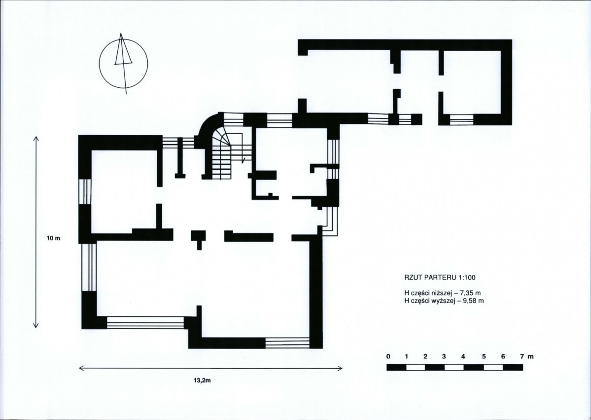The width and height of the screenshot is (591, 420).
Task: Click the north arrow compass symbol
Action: pos(123,63)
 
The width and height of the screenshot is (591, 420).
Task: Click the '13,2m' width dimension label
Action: pos(202,381)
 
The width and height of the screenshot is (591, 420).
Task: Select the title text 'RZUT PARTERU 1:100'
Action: pos(440,278)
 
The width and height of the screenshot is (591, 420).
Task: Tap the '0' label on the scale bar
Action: pos(388,357)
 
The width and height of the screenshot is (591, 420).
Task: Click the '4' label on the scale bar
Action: pos(463,357)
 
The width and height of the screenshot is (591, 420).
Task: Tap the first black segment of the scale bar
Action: pos(396,368)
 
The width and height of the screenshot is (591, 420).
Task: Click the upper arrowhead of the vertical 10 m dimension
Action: pos(36,138)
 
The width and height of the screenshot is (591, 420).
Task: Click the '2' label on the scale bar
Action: pos(425,357)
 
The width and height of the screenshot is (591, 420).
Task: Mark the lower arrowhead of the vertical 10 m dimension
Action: pos(36,326)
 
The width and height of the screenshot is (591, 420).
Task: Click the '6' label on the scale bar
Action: pos(503,357)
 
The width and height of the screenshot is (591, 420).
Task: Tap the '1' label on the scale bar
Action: pos(407,357)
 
